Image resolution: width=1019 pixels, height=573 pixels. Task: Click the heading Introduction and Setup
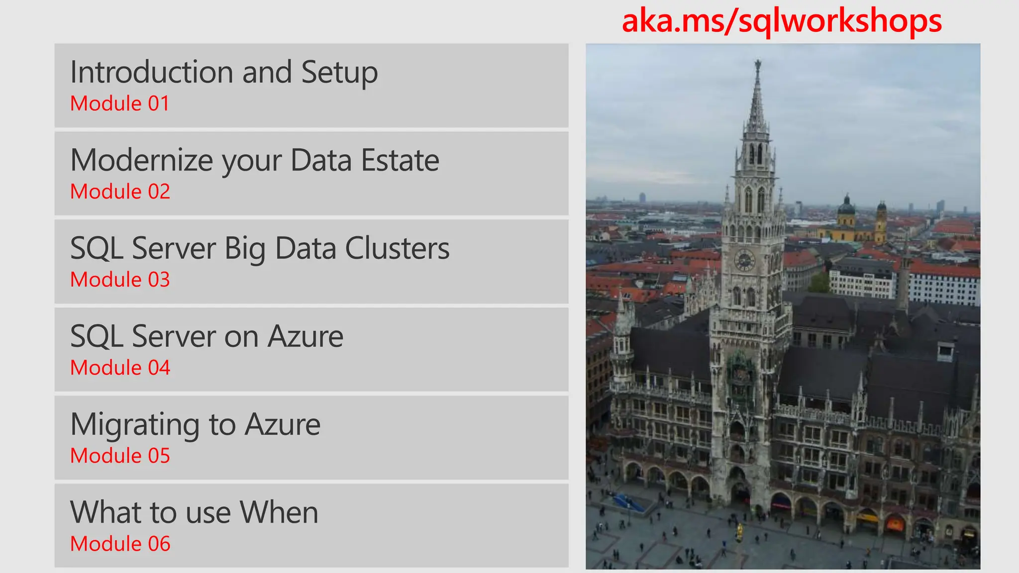pyautogui.click(x=224, y=72)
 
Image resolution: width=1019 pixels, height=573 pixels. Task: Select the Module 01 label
pyautogui.click(x=120, y=103)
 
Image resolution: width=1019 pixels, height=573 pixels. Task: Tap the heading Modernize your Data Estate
pyautogui.click(x=255, y=160)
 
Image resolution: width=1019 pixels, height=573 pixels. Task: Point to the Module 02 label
pyautogui.click(x=120, y=191)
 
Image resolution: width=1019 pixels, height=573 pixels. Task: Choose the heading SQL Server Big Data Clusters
pyautogui.click(x=260, y=248)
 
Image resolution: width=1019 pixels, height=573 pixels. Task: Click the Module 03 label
pyautogui.click(x=120, y=280)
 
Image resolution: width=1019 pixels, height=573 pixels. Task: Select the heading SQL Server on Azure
pyautogui.click(x=206, y=336)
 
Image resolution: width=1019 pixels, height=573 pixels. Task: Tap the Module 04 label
pyautogui.click(x=120, y=368)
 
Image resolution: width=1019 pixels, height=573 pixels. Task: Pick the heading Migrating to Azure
pyautogui.click(x=195, y=424)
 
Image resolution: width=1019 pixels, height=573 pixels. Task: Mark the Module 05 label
pyautogui.click(x=120, y=456)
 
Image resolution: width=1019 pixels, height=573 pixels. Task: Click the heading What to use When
pyautogui.click(x=194, y=512)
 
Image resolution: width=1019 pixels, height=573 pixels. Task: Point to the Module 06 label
pyautogui.click(x=120, y=544)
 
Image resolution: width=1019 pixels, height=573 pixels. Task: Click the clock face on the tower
pyautogui.click(x=744, y=260)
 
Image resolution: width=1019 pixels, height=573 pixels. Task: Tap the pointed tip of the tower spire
pyautogui.click(x=758, y=63)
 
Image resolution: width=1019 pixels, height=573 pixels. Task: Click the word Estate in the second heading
pyautogui.click(x=400, y=160)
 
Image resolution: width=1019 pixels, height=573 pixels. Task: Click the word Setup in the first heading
pyautogui.click(x=339, y=72)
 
